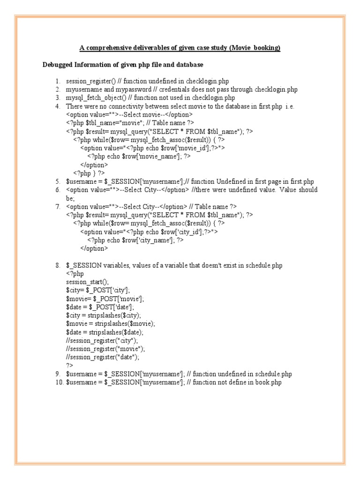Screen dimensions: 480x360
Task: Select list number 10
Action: (x=59, y=382)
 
